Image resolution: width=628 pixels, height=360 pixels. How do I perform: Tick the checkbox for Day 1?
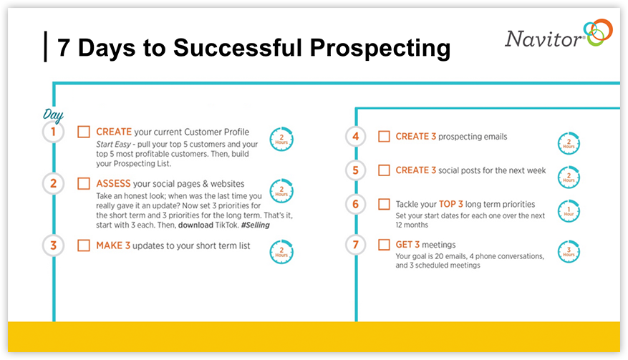(84, 132)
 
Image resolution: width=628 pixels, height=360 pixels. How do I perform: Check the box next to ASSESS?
(84, 183)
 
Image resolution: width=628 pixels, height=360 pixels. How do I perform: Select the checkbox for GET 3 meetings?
(384, 244)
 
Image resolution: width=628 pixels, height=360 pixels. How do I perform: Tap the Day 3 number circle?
(53, 245)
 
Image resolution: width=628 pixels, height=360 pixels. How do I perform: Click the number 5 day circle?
(356, 170)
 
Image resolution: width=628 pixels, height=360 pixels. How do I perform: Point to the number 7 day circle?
(356, 244)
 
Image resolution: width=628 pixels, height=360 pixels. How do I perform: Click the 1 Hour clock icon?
(569, 211)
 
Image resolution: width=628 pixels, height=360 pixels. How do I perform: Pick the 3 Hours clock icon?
(569, 251)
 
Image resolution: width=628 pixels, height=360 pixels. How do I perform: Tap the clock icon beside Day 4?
(569, 143)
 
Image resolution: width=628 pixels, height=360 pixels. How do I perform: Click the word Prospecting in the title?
(380, 49)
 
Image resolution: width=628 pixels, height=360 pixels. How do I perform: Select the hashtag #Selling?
(255, 225)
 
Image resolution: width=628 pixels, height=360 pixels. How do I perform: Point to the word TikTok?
(227, 225)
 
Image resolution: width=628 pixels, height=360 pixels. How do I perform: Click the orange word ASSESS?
(113, 183)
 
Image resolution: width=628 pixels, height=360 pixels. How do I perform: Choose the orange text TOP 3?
(451, 204)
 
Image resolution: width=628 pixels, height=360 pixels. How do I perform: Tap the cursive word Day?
(53, 115)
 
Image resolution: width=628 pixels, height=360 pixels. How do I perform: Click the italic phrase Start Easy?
(113, 144)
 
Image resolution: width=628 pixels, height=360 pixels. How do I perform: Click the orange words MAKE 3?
(113, 245)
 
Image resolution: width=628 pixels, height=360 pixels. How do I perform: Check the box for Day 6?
(384, 204)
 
